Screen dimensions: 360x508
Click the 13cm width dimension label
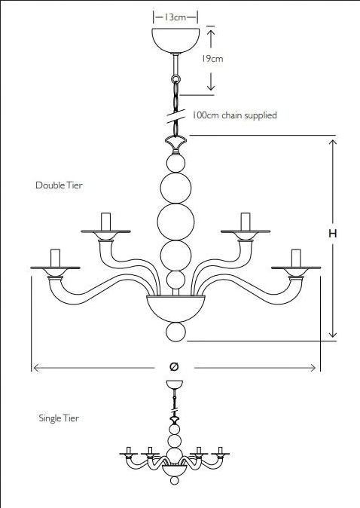coord(175,17)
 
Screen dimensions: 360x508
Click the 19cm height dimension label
coord(212,59)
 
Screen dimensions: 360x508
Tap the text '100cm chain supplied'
coord(235,115)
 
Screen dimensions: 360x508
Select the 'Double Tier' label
coord(59,185)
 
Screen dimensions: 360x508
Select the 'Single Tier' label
coord(59,418)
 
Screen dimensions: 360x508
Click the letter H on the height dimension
coord(332,233)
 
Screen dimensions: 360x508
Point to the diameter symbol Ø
coord(174,366)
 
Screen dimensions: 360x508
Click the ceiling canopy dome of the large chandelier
coord(175,40)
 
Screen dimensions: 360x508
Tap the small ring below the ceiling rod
coord(175,78)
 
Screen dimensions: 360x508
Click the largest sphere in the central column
coord(175,222)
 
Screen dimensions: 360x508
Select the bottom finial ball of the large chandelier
coord(175,332)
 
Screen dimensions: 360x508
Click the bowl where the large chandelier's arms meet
coord(175,308)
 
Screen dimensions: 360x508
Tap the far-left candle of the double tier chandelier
coord(56,259)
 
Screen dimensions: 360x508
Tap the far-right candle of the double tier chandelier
coord(296,259)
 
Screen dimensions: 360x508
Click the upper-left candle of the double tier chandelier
coord(106,222)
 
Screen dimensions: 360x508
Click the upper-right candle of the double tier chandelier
coord(246,222)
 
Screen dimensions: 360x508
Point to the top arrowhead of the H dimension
coord(333,142)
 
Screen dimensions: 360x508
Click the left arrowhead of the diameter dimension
coord(36,368)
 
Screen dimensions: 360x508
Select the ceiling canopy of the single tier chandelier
coord(175,384)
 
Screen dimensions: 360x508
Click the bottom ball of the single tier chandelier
coord(175,480)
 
